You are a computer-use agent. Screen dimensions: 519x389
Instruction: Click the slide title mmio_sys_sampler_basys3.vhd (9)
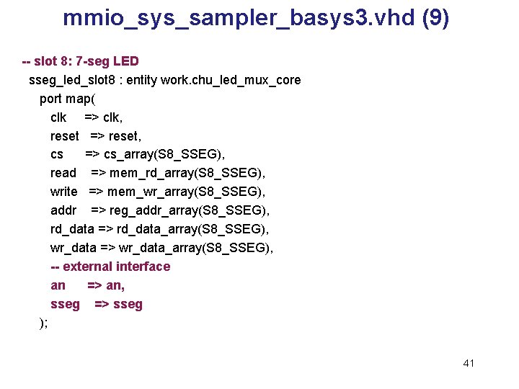pos(256,18)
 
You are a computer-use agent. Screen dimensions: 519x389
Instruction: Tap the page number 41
pos(469,363)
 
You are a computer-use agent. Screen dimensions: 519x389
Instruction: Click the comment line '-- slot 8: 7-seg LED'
pos(81,61)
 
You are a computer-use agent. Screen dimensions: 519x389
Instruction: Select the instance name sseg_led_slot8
pos(74,80)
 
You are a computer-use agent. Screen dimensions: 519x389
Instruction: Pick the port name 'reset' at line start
pos(64,136)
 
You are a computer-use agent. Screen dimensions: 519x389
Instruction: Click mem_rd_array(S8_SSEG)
pos(187,173)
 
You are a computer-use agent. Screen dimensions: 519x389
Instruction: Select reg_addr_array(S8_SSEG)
pos(190,210)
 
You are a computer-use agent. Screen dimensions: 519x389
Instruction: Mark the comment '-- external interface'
pos(110,267)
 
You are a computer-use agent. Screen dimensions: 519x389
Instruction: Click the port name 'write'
pos(63,192)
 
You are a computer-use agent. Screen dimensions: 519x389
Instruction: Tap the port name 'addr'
pos(63,210)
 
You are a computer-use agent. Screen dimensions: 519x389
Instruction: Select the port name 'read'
pos(63,173)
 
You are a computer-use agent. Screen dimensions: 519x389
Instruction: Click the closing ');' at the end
pos(43,323)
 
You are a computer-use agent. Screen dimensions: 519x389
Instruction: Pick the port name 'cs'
pos(57,154)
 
